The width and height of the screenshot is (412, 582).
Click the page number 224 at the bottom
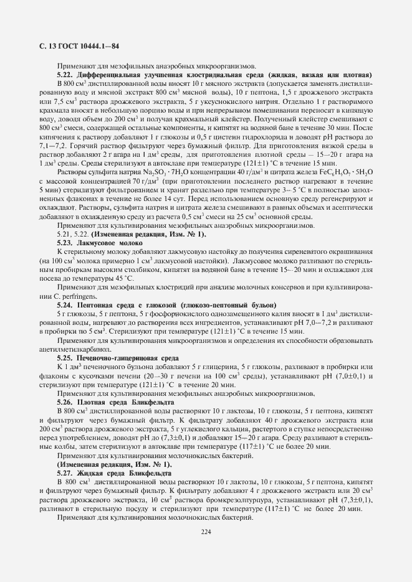pyautogui.click(x=206, y=532)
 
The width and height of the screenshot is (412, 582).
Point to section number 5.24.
pyautogui.click(x=65, y=305)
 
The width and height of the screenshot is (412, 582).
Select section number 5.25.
pyautogui.click(x=65, y=359)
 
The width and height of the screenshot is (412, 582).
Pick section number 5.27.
pyautogui.click(x=65, y=473)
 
